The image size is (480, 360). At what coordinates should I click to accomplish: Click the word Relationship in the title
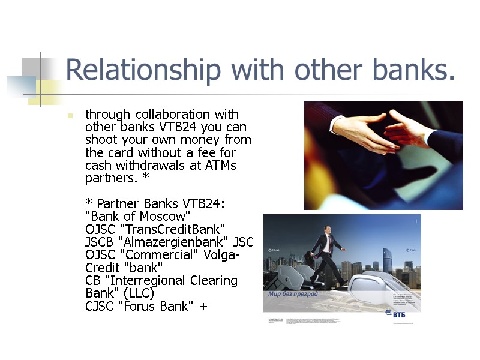[x=142, y=70]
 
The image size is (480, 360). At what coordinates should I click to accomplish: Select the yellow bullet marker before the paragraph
[x=71, y=115]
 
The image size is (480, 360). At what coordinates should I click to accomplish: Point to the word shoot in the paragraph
[x=101, y=140]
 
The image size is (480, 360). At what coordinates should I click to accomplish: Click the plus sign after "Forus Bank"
[x=203, y=306]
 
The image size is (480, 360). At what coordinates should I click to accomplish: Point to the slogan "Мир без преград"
[x=293, y=295]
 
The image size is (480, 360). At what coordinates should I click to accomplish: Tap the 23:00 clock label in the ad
[x=274, y=250]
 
